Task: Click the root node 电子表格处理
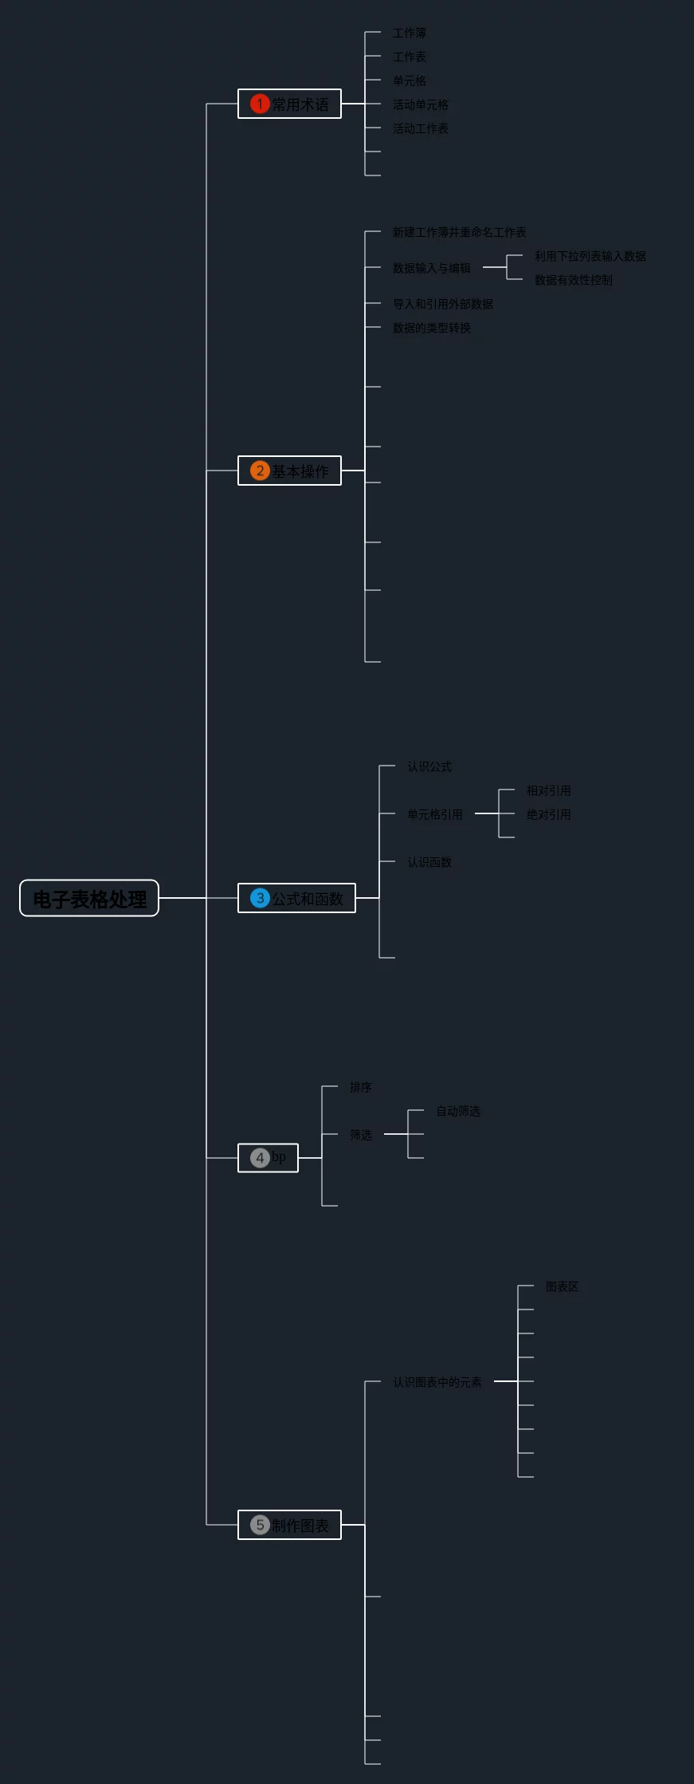89,899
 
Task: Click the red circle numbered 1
260,104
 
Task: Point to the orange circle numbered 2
260,471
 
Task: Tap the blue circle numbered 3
260,898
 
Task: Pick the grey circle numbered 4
260,1158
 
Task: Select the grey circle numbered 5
260,1525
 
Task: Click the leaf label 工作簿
410,33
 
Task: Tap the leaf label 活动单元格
421,104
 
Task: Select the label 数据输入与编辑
432,268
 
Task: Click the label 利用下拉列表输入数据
590,256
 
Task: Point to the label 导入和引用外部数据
443,304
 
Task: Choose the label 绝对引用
549,814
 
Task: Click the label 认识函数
429,862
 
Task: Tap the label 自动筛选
458,1111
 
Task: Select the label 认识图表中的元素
437,1382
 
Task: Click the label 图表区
563,1286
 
